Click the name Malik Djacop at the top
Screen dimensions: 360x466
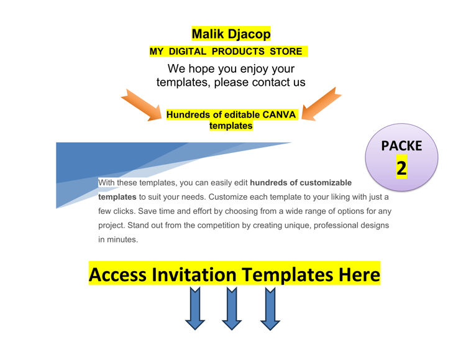[231, 35]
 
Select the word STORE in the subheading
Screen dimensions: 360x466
[286, 52]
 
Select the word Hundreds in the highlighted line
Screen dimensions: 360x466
[188, 114]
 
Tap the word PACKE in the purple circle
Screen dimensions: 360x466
[401, 146]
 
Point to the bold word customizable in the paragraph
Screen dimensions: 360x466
[322, 183]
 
